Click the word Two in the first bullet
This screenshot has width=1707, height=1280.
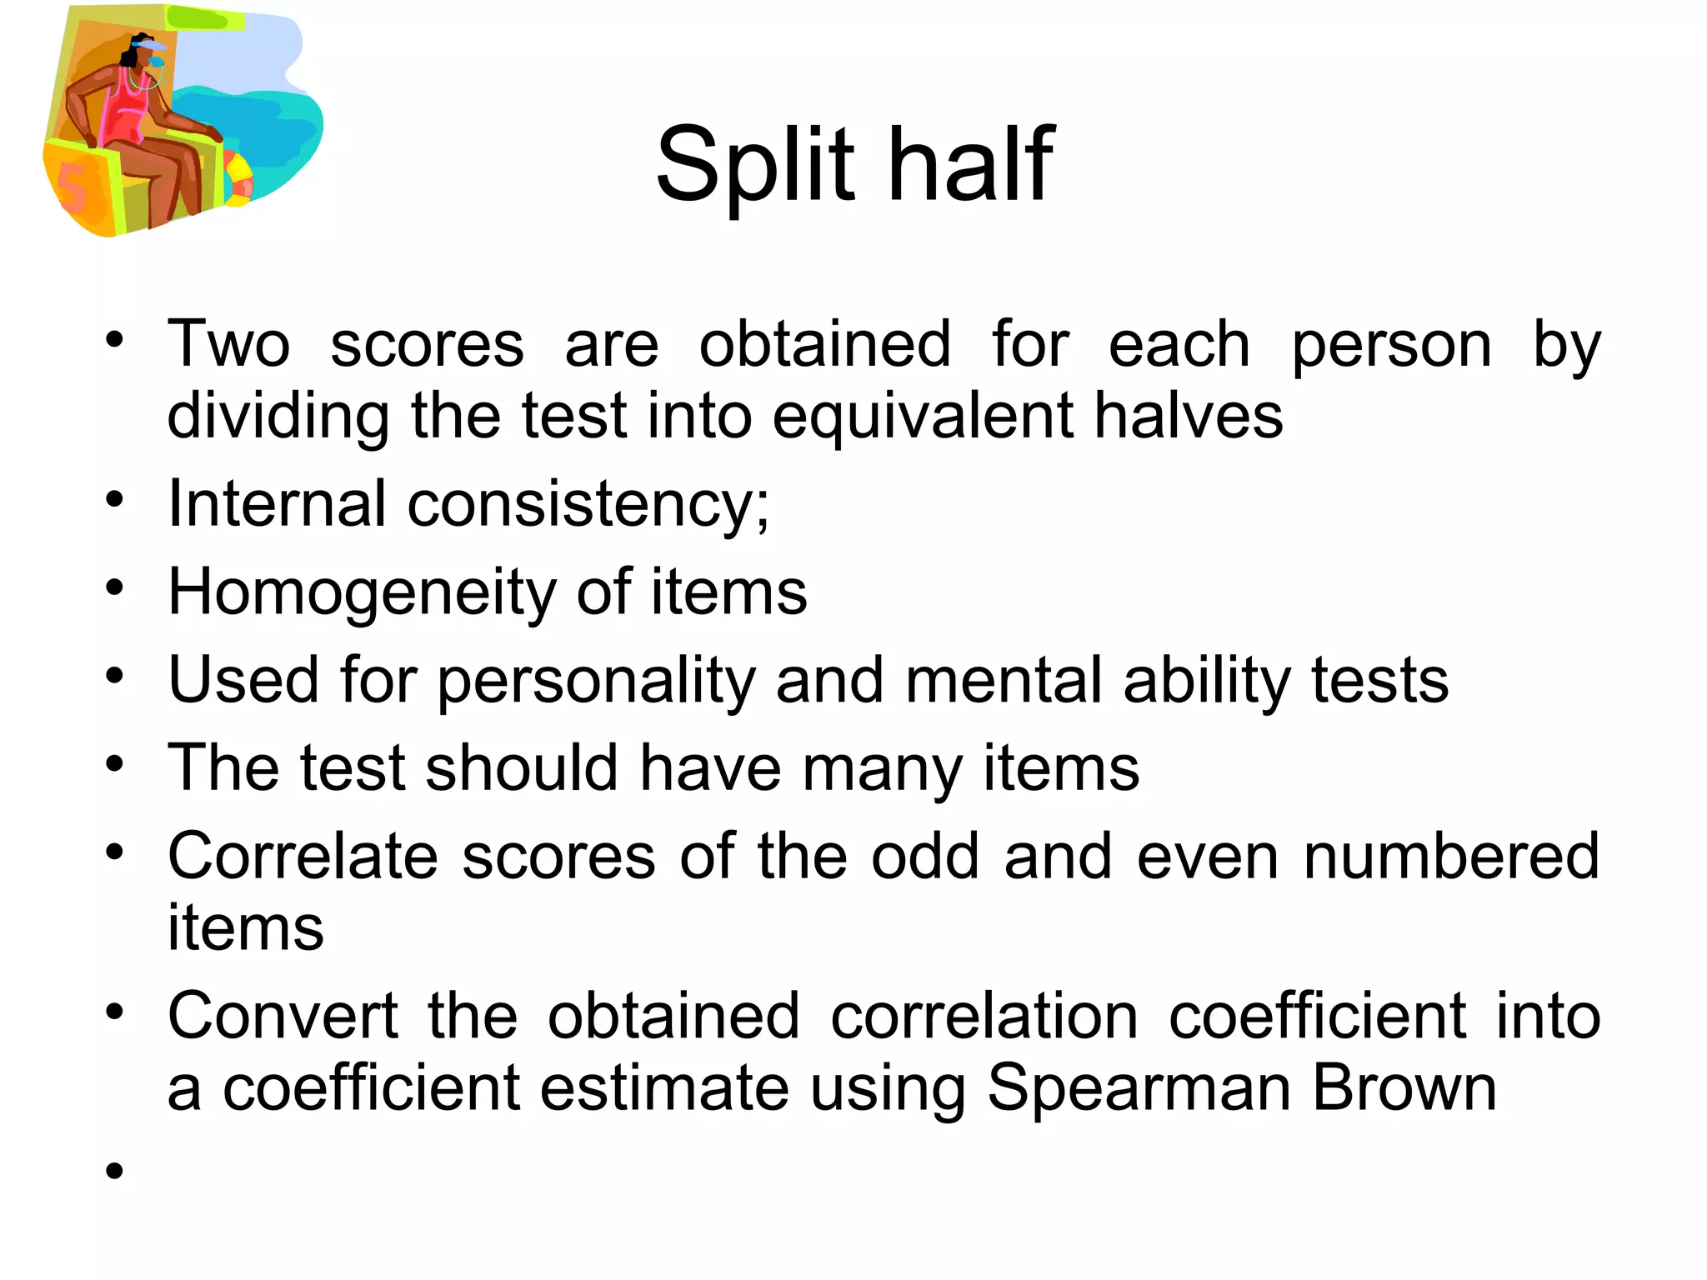228,344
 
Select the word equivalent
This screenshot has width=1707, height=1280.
922,417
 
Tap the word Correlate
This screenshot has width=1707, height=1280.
303,857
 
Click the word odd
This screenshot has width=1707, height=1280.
924,857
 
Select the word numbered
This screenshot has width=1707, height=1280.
1451,857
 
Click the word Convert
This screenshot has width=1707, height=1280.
283,1017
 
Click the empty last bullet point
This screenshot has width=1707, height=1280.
114,1171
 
